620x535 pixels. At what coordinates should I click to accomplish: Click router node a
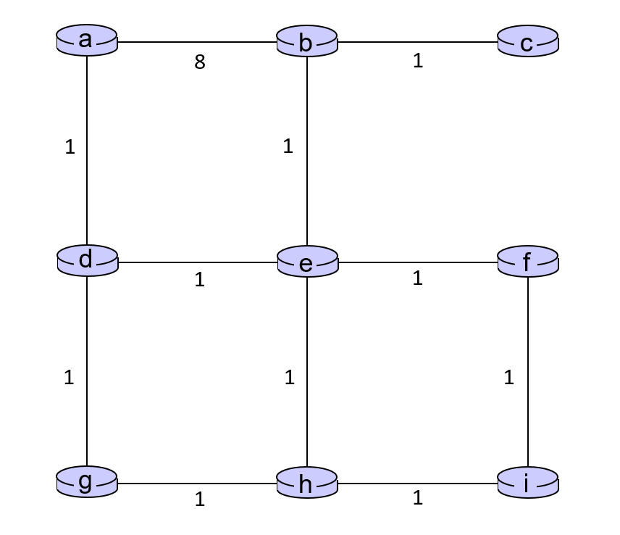[87, 41]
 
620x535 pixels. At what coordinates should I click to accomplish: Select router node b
[307, 41]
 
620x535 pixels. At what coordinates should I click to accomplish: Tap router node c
[528, 41]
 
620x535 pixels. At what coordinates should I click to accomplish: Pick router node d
[88, 261]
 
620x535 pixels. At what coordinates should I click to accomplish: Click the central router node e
[308, 262]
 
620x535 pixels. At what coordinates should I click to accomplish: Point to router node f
[528, 262]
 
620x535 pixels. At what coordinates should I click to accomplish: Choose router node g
[87, 482]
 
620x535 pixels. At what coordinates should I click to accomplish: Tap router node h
[307, 483]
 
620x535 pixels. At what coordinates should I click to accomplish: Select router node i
[528, 483]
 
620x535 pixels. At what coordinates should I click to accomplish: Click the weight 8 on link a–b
[200, 62]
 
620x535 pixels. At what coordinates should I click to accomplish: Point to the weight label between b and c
[418, 61]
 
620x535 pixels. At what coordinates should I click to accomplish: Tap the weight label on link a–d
[70, 147]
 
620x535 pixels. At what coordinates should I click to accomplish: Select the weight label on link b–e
[288, 146]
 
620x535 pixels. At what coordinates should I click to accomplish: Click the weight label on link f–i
[509, 378]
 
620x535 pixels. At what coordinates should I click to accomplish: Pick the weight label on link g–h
[200, 499]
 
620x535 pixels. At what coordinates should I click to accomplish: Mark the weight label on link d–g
[69, 378]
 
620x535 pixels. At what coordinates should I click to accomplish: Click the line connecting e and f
[417, 262]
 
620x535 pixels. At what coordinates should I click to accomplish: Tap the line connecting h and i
[417, 483]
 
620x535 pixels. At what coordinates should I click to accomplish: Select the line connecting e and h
[307, 372]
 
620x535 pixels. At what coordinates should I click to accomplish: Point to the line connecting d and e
[197, 262]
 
